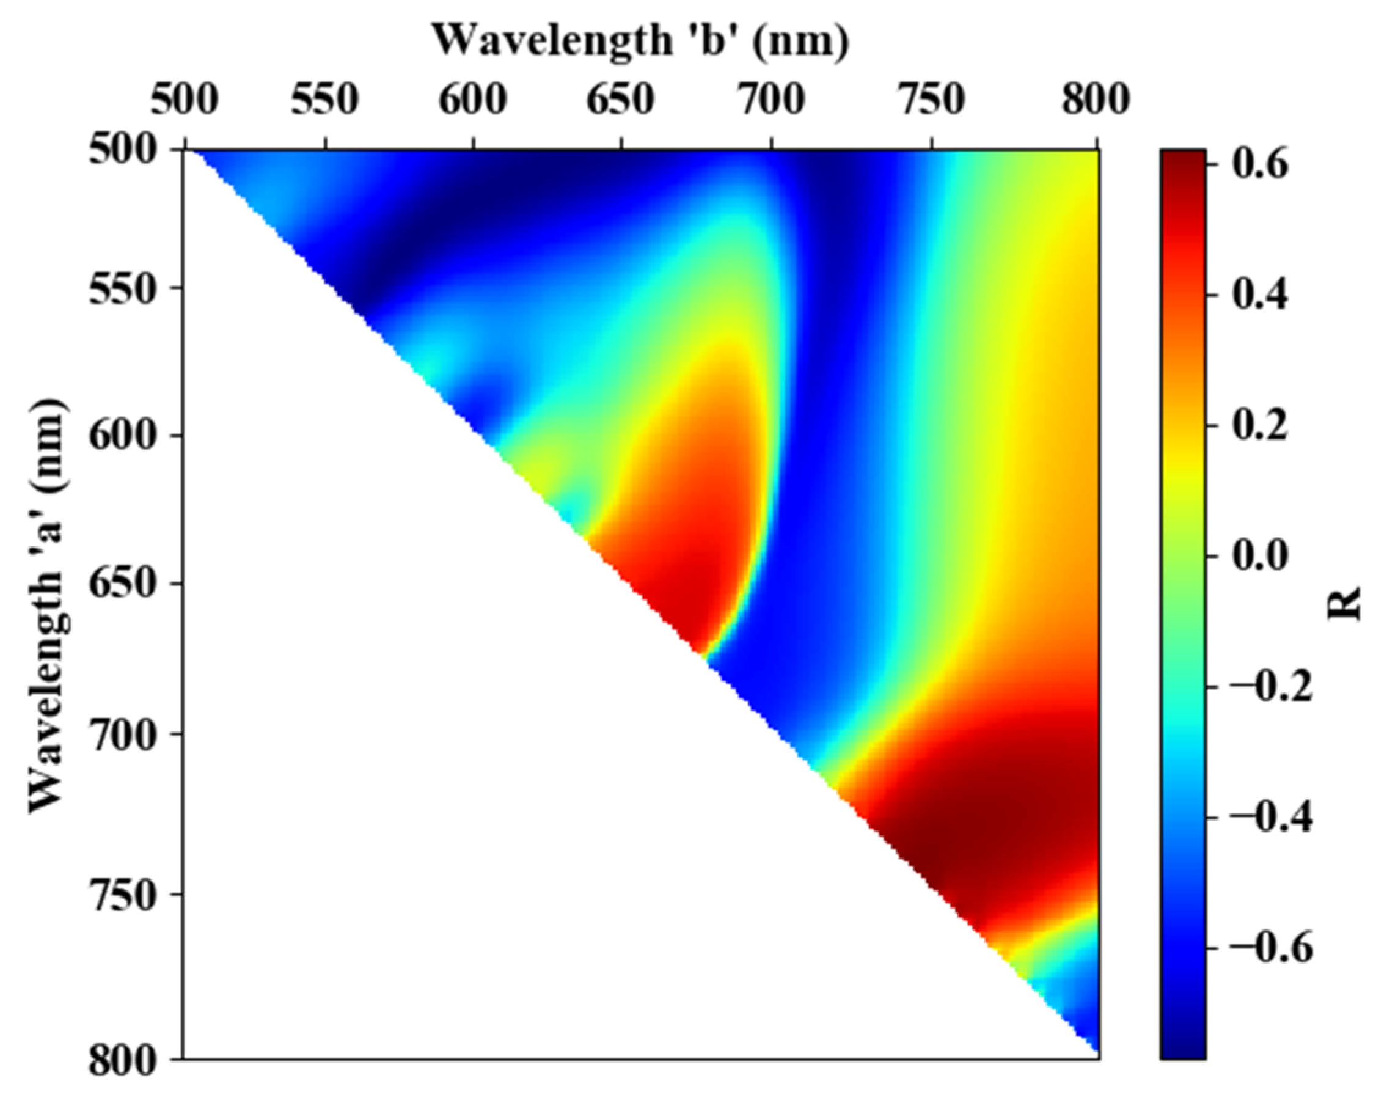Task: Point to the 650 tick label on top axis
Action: click(x=620, y=101)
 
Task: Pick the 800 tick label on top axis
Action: click(x=1095, y=101)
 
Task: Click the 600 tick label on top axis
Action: click(x=473, y=101)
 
